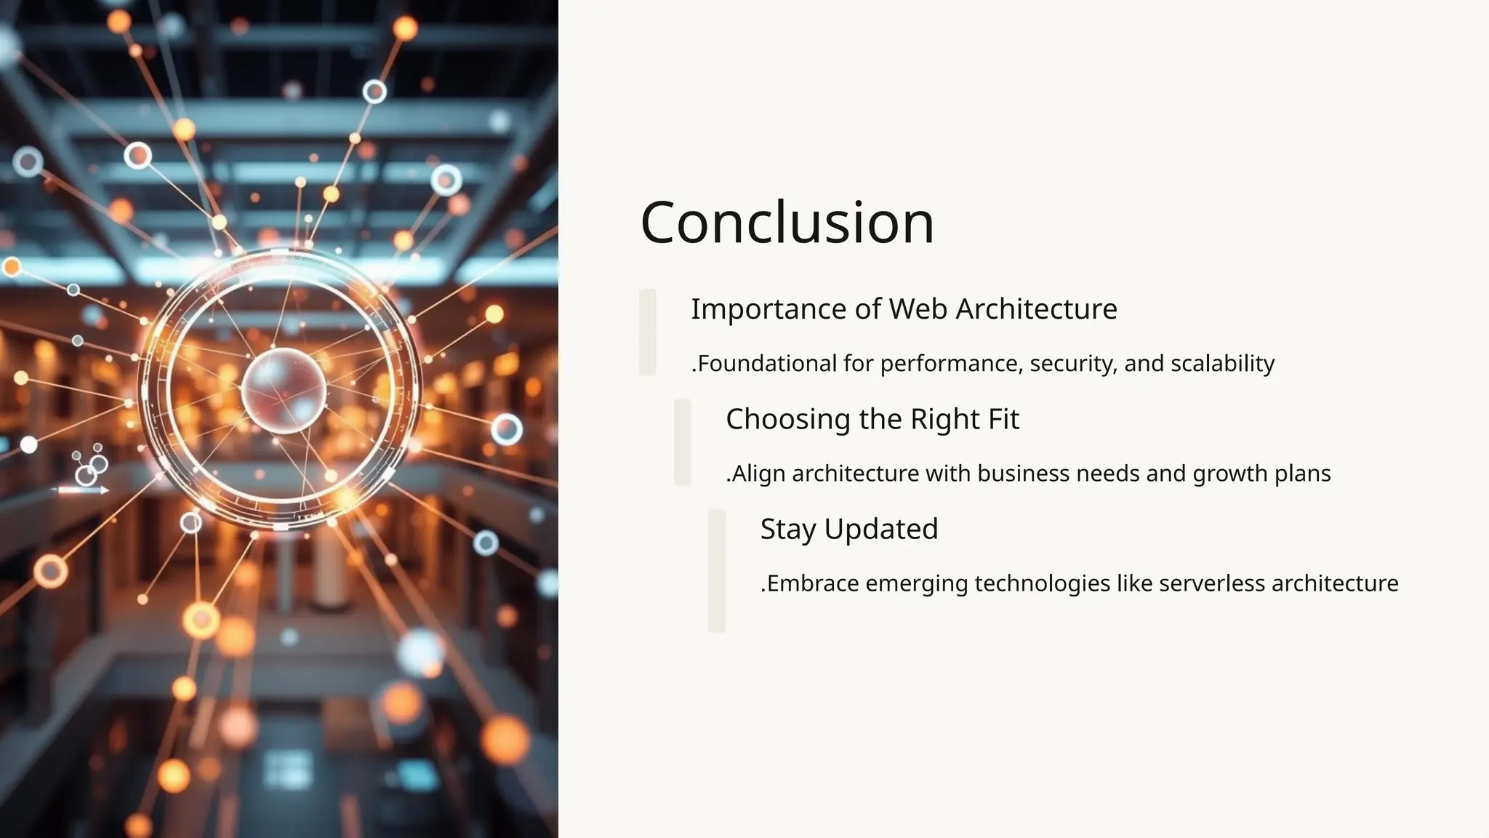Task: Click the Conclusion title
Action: [x=787, y=223]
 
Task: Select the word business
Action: [x=1023, y=474]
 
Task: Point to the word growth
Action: [x=1228, y=474]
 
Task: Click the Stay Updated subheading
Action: [x=849, y=529]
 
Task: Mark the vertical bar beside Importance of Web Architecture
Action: [x=648, y=332]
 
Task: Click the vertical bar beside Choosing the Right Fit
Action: [x=682, y=442]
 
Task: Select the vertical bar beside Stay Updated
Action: [x=717, y=570]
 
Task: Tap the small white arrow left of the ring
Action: [x=84, y=490]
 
